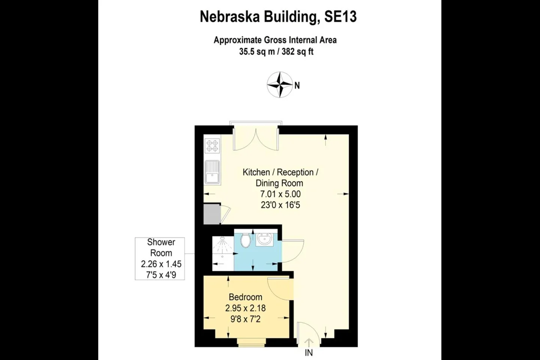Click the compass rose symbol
pyautogui.click(x=280, y=85)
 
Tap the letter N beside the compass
pyautogui.click(x=297, y=85)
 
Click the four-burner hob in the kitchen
pyautogui.click(x=212, y=145)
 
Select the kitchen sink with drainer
pyautogui.click(x=212, y=172)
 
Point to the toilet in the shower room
pyautogui.click(x=245, y=240)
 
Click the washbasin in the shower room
pyautogui.click(x=264, y=239)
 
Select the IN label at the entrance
pyautogui.click(x=309, y=353)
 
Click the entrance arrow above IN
pyautogui.click(x=309, y=342)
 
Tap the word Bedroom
pyautogui.click(x=245, y=297)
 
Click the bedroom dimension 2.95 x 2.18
pyautogui.click(x=245, y=308)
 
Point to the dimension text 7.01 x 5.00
pyautogui.click(x=280, y=194)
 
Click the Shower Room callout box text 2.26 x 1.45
pyautogui.click(x=161, y=264)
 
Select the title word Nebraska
pyautogui.click(x=230, y=17)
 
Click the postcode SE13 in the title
pyautogui.click(x=340, y=17)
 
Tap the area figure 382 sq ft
pyautogui.click(x=297, y=52)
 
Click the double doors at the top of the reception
pyautogui.click(x=256, y=139)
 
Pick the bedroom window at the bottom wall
pyautogui.click(x=251, y=342)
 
